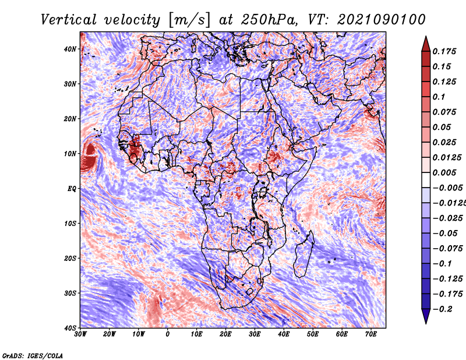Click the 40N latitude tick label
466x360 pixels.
click(70, 49)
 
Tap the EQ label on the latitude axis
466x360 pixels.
click(72, 189)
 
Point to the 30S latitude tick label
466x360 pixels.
click(70, 293)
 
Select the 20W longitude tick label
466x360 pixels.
click(109, 334)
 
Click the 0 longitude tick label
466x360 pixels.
click(168, 334)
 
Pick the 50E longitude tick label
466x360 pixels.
click(313, 334)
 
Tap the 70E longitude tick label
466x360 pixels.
click(371, 334)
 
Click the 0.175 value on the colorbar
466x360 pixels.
click(444, 52)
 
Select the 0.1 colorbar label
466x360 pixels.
click(439, 97)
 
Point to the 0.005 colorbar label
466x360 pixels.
click(444, 172)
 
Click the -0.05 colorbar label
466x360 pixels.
click(446, 234)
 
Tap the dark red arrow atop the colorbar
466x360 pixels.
click(426, 45)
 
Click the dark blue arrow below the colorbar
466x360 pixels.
click(426, 316)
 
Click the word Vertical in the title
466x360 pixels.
click(69, 20)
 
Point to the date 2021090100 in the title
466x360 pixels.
click(382, 20)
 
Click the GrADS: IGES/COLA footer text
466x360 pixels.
click(33, 355)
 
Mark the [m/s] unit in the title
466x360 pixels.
click(189, 20)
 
